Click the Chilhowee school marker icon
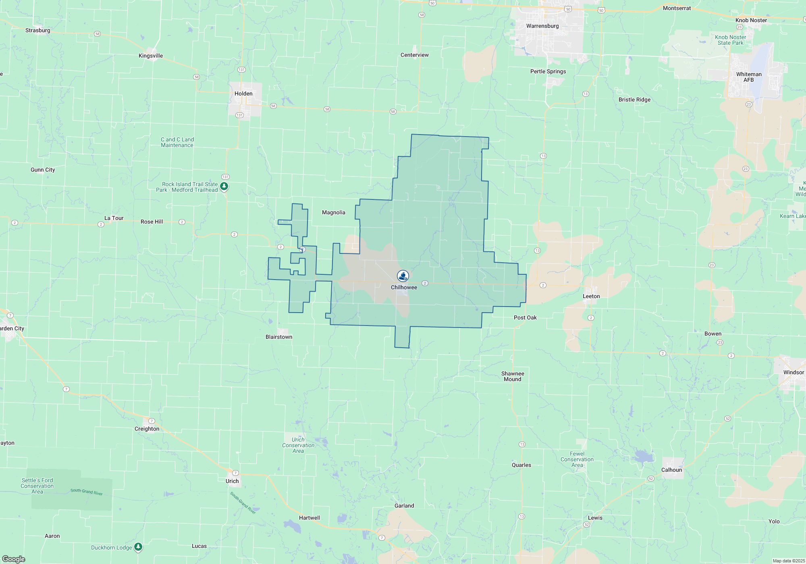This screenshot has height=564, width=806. [403, 276]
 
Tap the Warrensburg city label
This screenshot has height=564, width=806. [542, 26]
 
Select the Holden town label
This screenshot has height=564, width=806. [243, 94]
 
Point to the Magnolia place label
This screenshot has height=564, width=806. [334, 213]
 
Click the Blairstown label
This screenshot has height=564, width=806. [279, 337]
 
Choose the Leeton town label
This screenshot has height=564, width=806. [591, 297]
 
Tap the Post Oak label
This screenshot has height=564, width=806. [525, 318]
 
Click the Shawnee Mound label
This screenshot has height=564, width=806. [513, 377]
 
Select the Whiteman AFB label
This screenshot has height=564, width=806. [749, 77]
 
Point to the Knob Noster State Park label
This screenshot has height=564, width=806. [731, 40]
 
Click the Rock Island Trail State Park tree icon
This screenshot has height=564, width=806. [224, 187]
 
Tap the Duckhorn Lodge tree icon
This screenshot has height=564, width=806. [138, 547]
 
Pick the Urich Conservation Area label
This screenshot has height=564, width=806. [298, 446]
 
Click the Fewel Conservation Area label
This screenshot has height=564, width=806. [577, 460]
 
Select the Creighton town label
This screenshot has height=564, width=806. [147, 429]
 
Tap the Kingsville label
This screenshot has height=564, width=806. [151, 56]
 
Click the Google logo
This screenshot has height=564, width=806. [13, 559]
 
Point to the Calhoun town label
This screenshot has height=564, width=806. [672, 470]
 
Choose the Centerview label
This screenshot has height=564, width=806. [415, 55]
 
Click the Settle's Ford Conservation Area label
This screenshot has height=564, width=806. [37, 486]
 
